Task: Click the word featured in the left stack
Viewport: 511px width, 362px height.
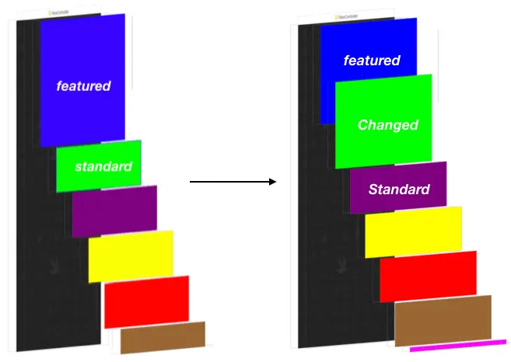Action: [83, 85]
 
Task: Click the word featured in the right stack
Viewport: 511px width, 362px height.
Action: [372, 60]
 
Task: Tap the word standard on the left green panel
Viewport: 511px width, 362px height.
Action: [103, 166]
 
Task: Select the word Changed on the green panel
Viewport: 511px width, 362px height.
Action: [387, 124]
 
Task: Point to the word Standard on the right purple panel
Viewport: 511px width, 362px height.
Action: [398, 190]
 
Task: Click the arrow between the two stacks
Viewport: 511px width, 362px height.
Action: [233, 182]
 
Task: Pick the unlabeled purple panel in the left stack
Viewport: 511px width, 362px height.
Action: [114, 210]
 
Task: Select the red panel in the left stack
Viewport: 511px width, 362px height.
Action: [146, 301]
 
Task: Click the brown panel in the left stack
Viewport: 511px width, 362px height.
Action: [163, 336]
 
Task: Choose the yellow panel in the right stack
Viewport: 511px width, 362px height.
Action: [413, 232]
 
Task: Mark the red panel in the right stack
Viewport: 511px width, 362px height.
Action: [428, 276]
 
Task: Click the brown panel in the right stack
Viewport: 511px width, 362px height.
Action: [443, 318]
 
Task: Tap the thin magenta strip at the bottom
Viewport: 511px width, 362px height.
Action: [458, 344]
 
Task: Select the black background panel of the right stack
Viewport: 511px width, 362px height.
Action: [315, 233]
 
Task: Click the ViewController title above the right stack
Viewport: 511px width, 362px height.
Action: [346, 16]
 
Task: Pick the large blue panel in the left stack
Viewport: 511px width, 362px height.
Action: [82, 47]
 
